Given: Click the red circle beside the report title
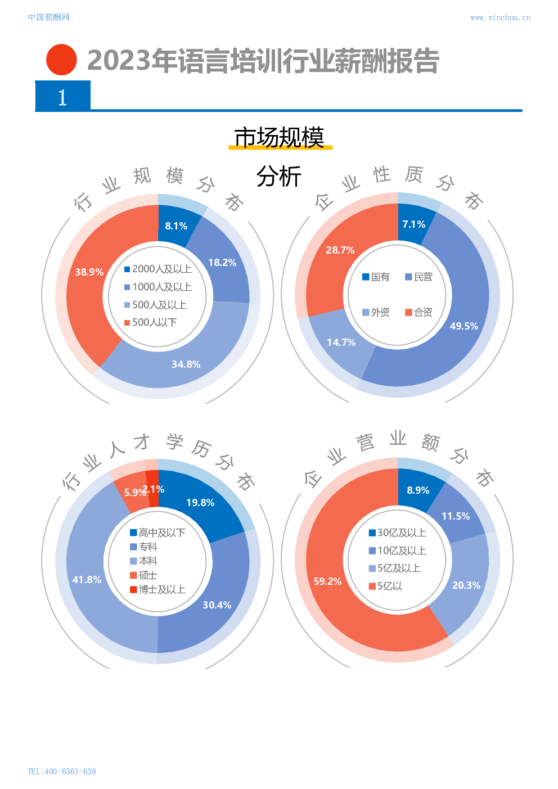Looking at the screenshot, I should pos(61,60).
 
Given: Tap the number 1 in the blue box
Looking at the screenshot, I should pos(62,98).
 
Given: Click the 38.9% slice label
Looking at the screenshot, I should pos(89,272).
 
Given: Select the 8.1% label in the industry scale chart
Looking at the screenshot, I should pos(176,226).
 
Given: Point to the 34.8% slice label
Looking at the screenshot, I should pos(186,364).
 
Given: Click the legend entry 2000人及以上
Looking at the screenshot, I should pos(158,269).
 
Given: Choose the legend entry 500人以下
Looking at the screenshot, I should pos(150,322).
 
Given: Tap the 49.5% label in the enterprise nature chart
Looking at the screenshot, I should pos(463,326).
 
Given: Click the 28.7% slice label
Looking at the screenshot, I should pos(340,250).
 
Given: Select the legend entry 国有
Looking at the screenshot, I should pos(376,277).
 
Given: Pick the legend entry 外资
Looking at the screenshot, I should pos(376,312).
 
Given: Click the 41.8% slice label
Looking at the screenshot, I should pos(87,580).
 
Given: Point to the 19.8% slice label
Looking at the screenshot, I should pos(200,503).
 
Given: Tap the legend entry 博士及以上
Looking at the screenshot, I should pos(157,589).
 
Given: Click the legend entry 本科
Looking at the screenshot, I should pos(144,561).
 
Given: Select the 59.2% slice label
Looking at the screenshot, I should pos(327,581).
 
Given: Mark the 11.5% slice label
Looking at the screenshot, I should pos(455,516).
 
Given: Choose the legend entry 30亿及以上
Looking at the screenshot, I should pos(397,533).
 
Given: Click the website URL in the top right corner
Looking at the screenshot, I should pos(500,17).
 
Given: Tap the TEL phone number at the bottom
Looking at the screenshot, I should pos(62,772).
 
